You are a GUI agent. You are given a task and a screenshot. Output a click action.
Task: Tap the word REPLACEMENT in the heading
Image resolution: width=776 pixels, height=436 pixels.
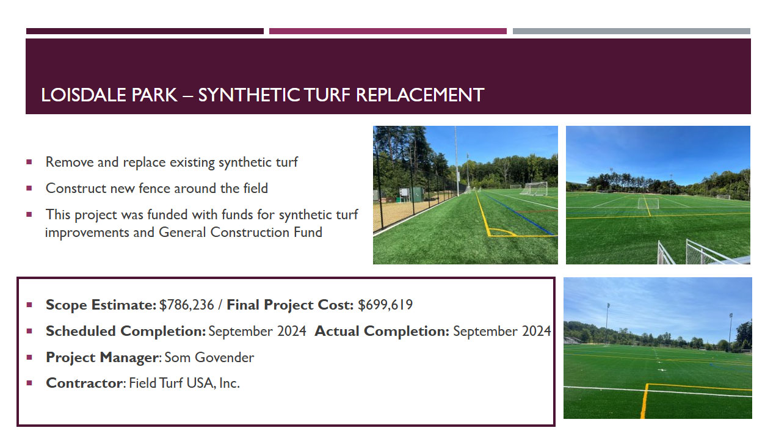420,95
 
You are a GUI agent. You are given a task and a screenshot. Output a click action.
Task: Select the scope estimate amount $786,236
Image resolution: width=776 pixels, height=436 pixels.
187,305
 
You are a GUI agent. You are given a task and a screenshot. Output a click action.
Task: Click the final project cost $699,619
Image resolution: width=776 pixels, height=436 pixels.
385,305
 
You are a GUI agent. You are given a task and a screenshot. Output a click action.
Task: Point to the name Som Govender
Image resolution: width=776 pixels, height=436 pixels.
209,357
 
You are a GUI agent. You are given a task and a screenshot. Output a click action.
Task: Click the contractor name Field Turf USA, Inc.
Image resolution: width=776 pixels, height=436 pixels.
184,383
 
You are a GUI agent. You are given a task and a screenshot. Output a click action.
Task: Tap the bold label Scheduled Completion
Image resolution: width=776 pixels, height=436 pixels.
126,332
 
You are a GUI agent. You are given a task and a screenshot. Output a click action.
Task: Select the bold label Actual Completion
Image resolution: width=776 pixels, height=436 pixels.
382,332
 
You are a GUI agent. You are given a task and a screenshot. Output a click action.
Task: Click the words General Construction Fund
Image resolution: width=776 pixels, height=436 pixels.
241,232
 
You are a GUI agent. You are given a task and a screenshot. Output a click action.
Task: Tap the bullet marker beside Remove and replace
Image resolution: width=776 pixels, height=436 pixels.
29,162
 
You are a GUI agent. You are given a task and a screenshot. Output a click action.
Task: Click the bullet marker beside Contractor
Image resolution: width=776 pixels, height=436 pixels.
29,383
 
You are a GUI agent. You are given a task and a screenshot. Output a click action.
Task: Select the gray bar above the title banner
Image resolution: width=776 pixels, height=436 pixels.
631,31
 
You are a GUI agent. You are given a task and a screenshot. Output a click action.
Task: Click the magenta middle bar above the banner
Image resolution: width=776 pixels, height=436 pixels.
388,31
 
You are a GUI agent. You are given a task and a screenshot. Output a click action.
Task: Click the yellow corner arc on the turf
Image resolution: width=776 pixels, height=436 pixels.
502,231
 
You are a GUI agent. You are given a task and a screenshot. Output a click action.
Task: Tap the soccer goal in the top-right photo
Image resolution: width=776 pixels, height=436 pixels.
648,203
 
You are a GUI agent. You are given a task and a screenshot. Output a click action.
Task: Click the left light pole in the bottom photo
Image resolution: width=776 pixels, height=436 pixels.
607,324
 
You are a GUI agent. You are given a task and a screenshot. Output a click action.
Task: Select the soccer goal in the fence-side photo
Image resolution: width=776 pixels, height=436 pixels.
535,189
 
